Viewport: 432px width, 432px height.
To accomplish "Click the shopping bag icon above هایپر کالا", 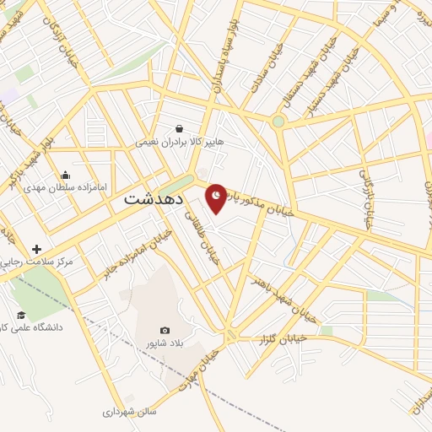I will [x=180, y=130].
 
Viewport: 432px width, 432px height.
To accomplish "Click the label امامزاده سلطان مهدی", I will [x=67, y=187].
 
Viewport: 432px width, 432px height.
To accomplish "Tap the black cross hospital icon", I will [x=36, y=249].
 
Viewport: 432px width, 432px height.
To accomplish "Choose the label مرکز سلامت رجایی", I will [x=37, y=262].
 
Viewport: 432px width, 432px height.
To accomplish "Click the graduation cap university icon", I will [x=21, y=315].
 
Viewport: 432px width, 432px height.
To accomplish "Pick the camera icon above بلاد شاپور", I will [x=165, y=330].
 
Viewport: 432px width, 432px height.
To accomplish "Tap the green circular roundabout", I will [x=278, y=121].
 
